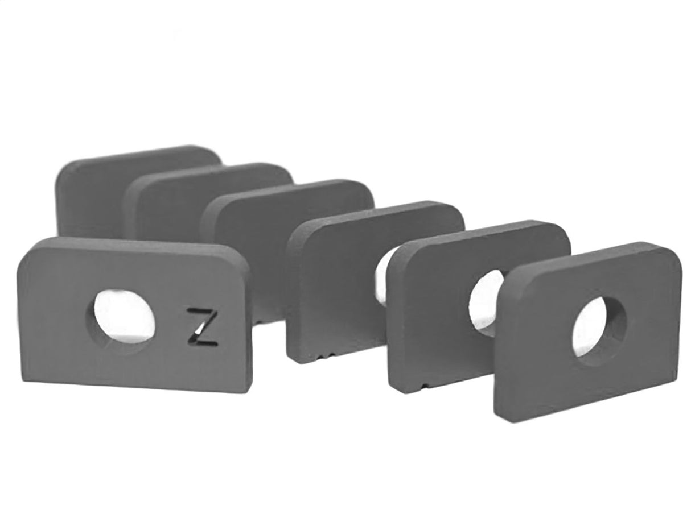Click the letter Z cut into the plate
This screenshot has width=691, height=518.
(203, 327)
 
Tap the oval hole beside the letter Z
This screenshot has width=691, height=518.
(121, 316)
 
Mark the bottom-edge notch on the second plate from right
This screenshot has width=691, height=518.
(422, 386)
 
